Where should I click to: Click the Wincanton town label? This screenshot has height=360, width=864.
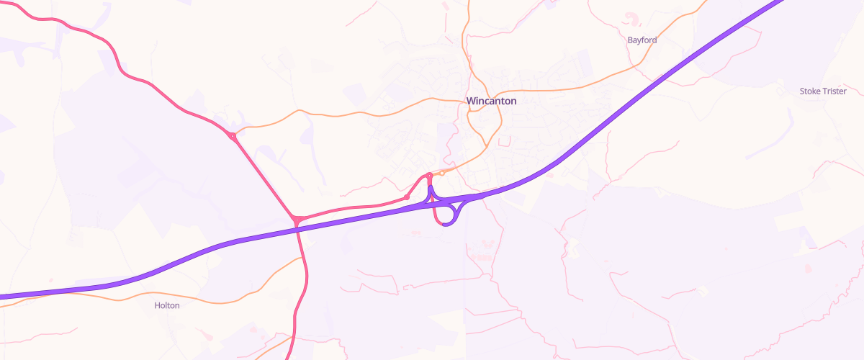click(491, 101)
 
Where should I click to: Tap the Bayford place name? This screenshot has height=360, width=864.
click(642, 40)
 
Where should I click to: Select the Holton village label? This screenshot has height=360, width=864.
click(167, 305)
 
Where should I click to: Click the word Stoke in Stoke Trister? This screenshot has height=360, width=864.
click(811, 91)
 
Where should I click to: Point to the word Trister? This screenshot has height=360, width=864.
click(834, 91)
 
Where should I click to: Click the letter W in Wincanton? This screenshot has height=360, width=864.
click(471, 101)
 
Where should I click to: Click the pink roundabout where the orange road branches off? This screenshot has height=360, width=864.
click(232, 135)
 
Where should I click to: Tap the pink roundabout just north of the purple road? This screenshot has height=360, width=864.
click(296, 220)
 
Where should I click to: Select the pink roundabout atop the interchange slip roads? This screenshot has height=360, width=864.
click(429, 175)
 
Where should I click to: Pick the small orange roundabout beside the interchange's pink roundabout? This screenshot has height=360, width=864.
click(442, 173)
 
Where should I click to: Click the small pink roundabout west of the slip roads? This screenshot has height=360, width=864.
click(407, 197)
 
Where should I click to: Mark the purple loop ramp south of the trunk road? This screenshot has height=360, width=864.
click(453, 216)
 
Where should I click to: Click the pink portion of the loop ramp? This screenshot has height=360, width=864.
click(436, 216)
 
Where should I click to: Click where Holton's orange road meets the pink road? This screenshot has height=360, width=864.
click(302, 259)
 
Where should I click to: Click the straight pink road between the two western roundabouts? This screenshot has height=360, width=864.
click(264, 177)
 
